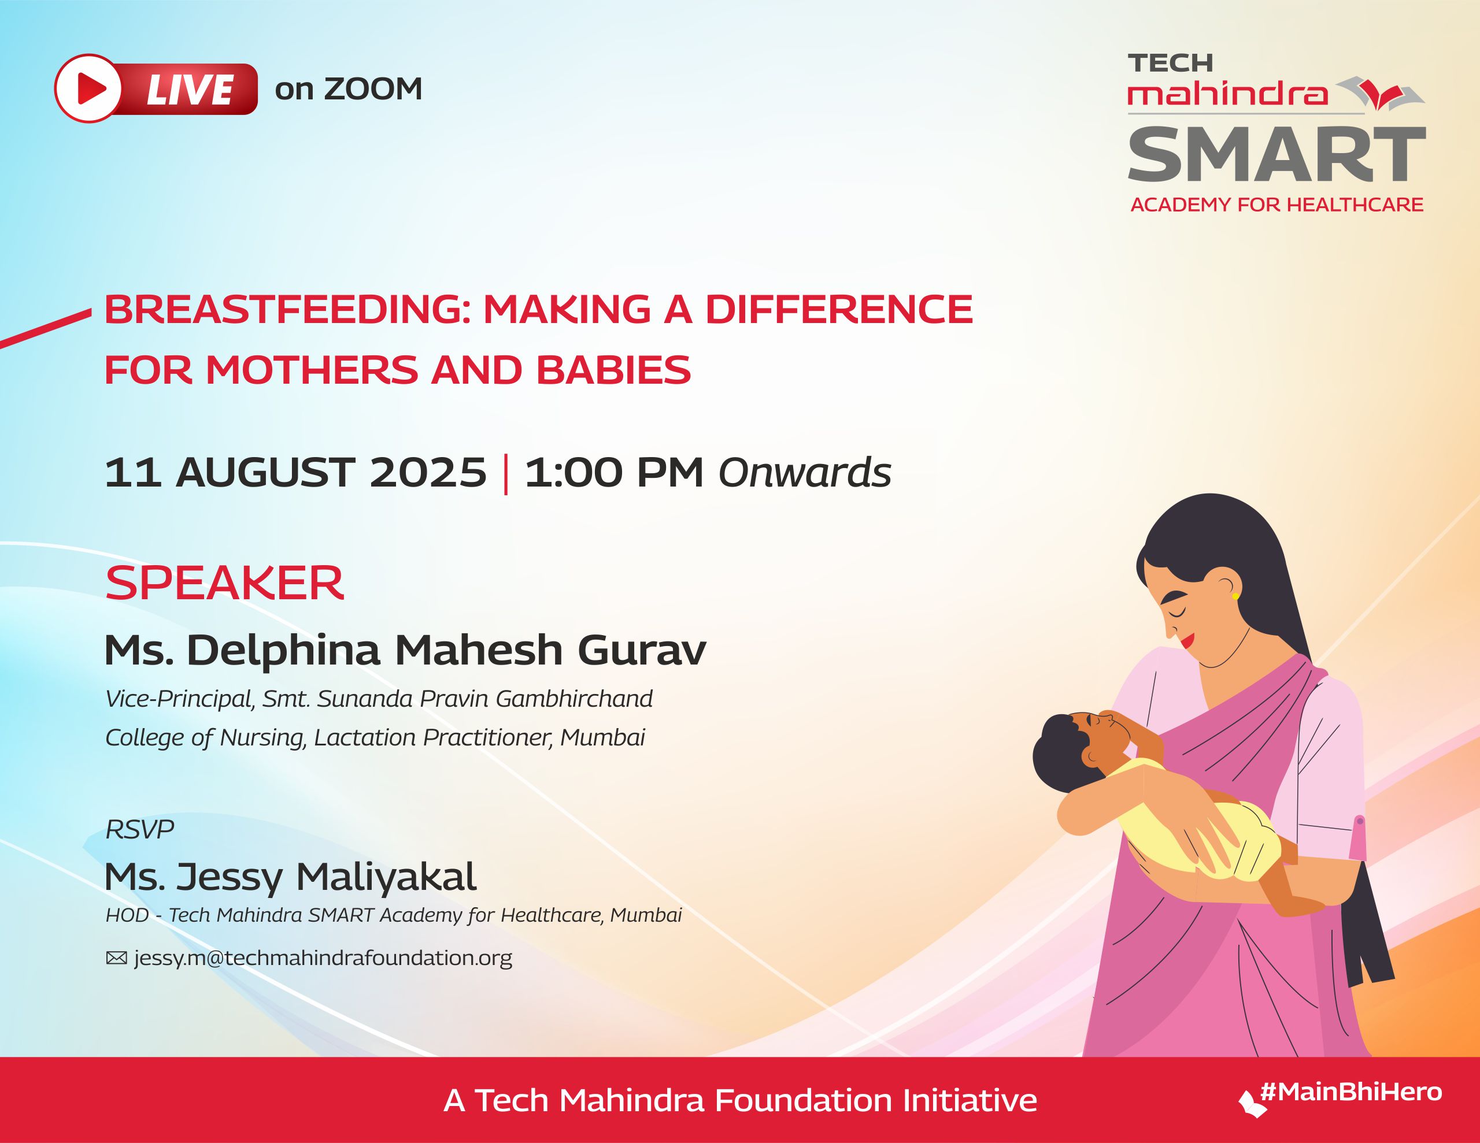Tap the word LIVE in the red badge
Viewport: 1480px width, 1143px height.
190,90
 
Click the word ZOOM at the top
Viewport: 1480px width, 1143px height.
373,89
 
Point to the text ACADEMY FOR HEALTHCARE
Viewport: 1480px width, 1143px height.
1276,205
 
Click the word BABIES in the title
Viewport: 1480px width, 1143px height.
613,370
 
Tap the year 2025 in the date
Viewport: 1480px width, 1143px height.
428,472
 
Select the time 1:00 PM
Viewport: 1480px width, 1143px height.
614,472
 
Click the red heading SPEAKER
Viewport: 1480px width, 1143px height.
224,584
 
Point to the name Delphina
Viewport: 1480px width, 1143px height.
283,651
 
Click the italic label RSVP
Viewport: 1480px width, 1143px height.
139,829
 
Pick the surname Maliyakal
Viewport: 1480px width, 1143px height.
386,877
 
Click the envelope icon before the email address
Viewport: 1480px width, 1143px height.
117,958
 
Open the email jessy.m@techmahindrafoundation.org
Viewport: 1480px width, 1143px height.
323,958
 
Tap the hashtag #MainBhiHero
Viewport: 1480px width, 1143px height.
1350,1092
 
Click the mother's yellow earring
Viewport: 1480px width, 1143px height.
1235,596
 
